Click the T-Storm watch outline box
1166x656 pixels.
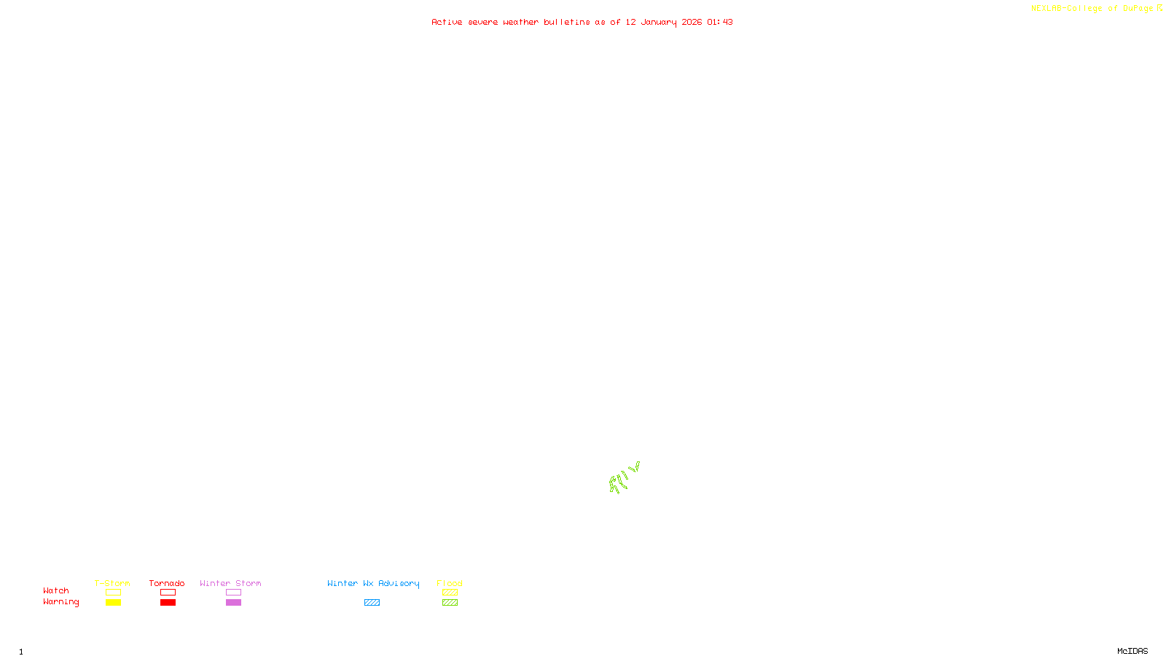113,593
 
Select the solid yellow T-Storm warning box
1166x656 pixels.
113,603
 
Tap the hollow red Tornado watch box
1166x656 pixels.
168,593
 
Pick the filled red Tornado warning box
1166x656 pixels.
168,603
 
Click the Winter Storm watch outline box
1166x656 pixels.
233,593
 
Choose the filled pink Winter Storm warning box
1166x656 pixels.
233,603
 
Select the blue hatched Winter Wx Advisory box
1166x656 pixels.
372,603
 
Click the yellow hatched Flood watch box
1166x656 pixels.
450,593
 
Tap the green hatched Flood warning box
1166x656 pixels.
450,603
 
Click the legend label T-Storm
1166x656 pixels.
112,583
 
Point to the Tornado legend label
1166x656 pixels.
167,583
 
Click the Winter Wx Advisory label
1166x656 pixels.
373,583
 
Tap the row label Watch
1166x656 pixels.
56,590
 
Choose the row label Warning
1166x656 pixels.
60,602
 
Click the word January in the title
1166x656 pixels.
659,23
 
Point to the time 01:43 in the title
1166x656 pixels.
720,22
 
